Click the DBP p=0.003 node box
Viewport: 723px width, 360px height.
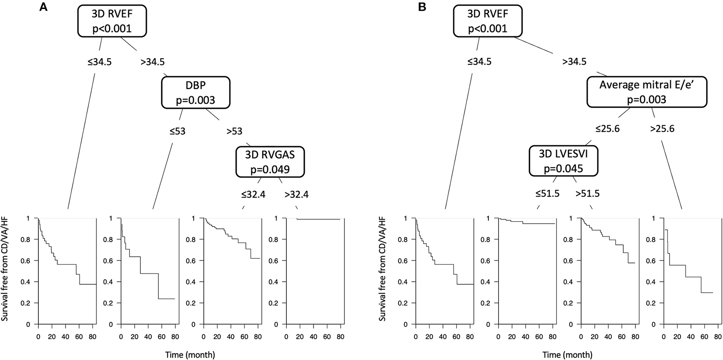pos(195,93)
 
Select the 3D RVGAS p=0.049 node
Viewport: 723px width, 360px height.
pos(270,162)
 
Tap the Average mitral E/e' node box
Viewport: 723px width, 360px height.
pos(646,92)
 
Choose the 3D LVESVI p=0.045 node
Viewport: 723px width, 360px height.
pos(563,161)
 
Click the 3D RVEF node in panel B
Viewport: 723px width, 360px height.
pos(488,21)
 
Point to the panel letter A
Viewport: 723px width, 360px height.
pos(43,7)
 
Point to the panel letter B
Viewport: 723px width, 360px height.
pos(422,7)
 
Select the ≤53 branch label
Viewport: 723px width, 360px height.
pos(177,131)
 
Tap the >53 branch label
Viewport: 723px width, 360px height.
pos(234,131)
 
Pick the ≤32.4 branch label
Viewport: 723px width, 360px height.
pos(253,195)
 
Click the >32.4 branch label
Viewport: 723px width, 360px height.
pos(297,195)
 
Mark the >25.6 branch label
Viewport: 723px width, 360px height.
pos(662,129)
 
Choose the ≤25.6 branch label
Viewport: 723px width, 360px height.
pos(607,129)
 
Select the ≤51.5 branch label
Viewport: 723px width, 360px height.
pos(547,193)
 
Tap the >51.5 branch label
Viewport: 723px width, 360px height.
pos(588,193)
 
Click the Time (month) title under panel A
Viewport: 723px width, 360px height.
pos(190,355)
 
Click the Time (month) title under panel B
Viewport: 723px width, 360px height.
pos(567,355)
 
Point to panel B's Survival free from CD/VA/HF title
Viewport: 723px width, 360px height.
pos(382,269)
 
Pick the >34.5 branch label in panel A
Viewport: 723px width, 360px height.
pos(152,62)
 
